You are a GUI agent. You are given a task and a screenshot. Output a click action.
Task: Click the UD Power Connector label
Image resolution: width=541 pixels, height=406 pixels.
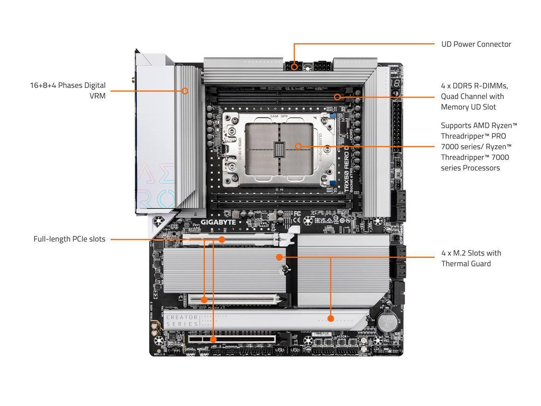[476, 44]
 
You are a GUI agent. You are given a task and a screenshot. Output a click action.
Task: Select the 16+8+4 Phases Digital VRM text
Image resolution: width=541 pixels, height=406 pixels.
[68, 91]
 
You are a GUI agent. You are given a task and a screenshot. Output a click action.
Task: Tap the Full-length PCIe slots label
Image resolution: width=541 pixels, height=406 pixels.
[69, 239]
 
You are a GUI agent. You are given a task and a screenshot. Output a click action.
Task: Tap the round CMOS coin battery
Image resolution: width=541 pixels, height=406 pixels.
[385, 322]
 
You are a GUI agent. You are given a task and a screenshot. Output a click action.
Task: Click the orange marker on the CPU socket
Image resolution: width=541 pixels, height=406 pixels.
[298, 146]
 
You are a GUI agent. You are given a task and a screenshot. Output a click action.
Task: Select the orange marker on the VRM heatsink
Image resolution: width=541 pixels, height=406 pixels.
[185, 91]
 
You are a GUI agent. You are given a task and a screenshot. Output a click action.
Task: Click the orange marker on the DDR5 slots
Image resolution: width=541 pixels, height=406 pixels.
[337, 97]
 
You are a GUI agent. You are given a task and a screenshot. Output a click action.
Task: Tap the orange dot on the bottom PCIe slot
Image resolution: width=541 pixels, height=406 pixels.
[213, 339]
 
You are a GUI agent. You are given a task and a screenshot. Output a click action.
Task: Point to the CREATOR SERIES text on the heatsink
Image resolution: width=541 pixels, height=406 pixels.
[182, 321]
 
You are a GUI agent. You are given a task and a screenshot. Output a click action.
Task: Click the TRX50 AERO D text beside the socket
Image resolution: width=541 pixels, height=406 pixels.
[347, 170]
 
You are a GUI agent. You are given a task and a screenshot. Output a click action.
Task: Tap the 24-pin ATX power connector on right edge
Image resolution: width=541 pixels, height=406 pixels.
[397, 127]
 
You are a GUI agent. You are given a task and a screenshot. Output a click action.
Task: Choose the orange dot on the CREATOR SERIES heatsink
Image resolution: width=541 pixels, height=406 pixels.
[331, 318]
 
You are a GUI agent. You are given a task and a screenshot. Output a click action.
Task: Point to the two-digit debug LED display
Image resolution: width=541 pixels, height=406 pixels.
[396, 83]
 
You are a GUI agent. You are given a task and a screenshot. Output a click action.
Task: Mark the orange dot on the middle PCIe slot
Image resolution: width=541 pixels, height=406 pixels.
[204, 300]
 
